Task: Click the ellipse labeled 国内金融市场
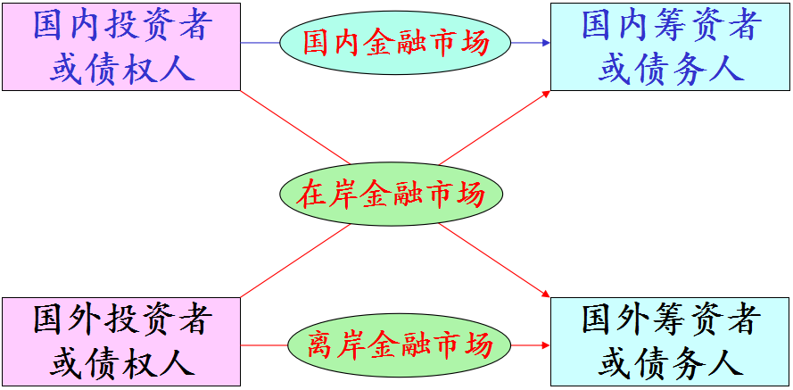pyautogui.click(x=395, y=42)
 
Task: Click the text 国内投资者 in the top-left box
pyautogui.click(x=121, y=25)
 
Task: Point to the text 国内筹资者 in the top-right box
pyautogui.click(x=670, y=25)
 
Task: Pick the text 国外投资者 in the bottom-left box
pyautogui.click(x=121, y=319)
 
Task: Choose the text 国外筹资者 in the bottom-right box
pyautogui.click(x=670, y=319)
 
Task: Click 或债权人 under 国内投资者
pyautogui.click(x=121, y=68)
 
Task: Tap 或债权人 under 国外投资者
pyautogui.click(x=121, y=362)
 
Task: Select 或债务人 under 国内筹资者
pyautogui.click(x=670, y=68)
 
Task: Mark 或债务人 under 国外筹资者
pyautogui.click(x=670, y=362)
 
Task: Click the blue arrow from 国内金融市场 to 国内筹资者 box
pyautogui.click(x=530, y=42)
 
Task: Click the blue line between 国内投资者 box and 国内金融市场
pyautogui.click(x=260, y=42)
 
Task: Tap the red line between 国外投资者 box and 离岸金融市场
pyautogui.click(x=264, y=344)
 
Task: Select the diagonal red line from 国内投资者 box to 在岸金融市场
pyautogui.click(x=294, y=127)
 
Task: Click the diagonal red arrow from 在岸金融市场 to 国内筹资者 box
pyautogui.click(x=495, y=126)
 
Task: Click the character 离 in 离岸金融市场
pyautogui.click(x=321, y=344)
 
